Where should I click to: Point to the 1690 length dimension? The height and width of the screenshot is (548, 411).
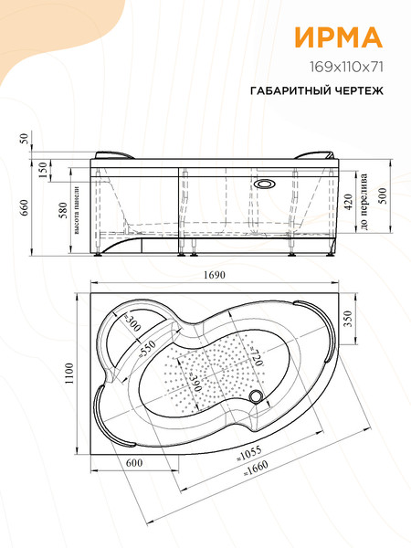coord(216,277)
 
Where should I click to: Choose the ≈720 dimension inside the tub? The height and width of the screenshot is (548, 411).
coord(257,353)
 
